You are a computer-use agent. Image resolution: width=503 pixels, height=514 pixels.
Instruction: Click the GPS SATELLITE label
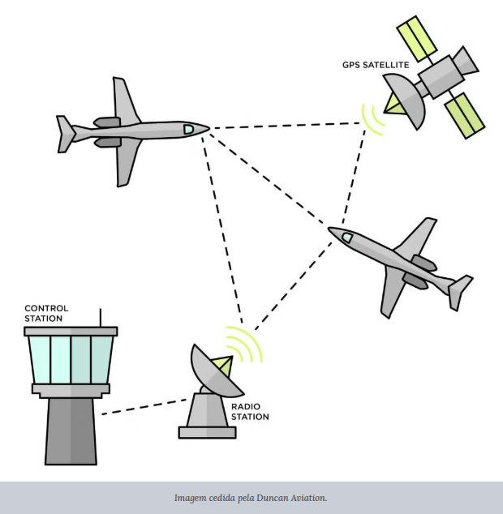click(x=375, y=64)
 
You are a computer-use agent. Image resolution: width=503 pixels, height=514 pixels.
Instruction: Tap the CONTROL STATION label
click(x=46, y=313)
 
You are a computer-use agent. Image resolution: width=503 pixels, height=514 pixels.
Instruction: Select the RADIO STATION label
click(x=250, y=411)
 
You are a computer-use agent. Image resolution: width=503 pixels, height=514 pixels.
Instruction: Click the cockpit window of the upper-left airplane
click(x=188, y=128)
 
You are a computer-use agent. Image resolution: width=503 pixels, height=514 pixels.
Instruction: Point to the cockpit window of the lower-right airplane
click(x=346, y=237)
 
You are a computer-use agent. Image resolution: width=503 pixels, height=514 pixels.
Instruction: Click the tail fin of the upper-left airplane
click(x=66, y=134)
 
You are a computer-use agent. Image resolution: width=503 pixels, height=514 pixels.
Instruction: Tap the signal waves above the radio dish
click(x=247, y=345)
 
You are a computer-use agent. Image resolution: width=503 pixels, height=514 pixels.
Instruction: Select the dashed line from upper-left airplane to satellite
click(x=284, y=126)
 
